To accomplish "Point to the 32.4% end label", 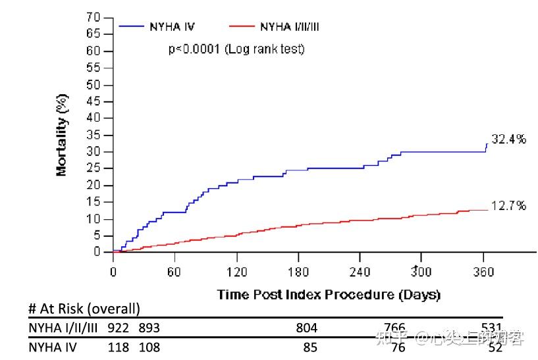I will [508, 140].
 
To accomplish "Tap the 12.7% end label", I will [508, 206].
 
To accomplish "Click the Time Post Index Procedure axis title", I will [329, 294].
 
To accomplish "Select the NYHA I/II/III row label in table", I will [63, 328].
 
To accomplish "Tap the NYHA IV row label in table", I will [53, 347].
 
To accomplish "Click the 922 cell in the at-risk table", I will [118, 328].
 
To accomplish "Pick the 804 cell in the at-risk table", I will [306, 328].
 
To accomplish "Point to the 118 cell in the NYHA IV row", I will [118, 347].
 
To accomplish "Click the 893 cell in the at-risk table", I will [149, 328].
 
